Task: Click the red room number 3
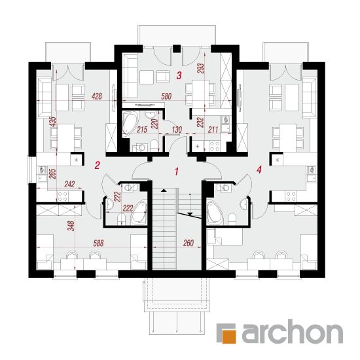[x=179, y=75]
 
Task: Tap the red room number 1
[x=177, y=171]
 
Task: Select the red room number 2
[x=97, y=165]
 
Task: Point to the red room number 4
[x=259, y=170]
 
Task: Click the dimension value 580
[x=166, y=96]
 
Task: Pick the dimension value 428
[x=97, y=96]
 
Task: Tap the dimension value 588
[x=98, y=243]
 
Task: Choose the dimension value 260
[x=189, y=243]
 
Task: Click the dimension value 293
[x=200, y=68]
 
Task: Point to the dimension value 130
[x=177, y=130]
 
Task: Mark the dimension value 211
[x=213, y=130]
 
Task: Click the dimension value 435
[x=53, y=122]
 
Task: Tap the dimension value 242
[x=69, y=184]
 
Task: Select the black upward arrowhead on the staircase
[x=164, y=190]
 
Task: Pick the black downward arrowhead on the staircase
[x=190, y=214]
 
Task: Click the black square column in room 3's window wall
[x=177, y=48]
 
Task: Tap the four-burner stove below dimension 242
[x=62, y=196]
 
